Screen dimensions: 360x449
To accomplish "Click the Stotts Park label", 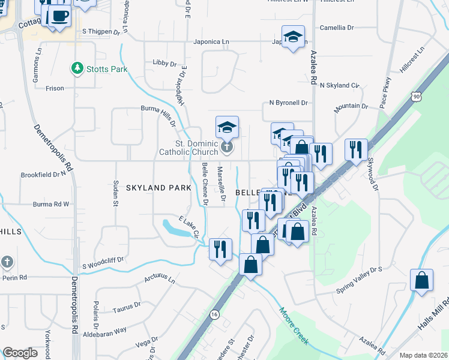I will [x=107, y=69].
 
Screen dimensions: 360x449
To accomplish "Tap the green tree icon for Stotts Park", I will [x=77, y=68].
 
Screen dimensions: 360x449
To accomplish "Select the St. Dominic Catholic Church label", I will [x=188, y=148].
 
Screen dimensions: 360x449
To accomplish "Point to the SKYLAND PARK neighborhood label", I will [x=158, y=188].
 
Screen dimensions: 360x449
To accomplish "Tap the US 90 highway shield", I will [x=416, y=96].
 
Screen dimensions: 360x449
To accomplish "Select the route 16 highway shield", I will [x=214, y=314].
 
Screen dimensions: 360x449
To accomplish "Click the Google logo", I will [x=20, y=353].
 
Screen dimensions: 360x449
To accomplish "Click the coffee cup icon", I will [x=59, y=16].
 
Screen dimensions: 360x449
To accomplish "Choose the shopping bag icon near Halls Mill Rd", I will [x=422, y=280].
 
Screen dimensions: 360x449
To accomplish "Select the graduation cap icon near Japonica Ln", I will [x=293, y=37].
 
